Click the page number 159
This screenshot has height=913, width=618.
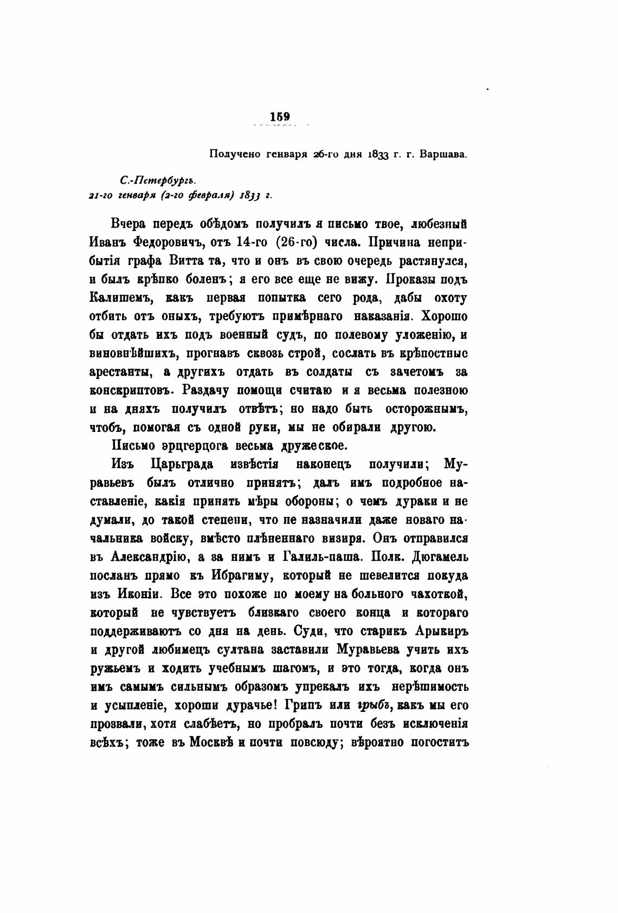(x=280, y=116)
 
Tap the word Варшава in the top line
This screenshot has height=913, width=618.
(x=444, y=154)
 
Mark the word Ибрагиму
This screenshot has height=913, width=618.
(x=264, y=575)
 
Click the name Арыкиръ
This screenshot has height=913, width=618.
(x=441, y=631)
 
